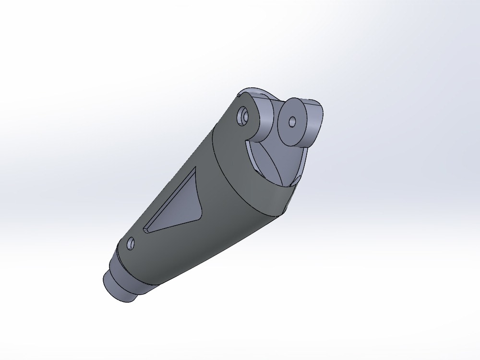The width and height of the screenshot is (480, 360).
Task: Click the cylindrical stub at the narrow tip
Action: click(115, 287)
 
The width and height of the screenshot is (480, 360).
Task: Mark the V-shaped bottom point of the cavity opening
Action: click(287, 187)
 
